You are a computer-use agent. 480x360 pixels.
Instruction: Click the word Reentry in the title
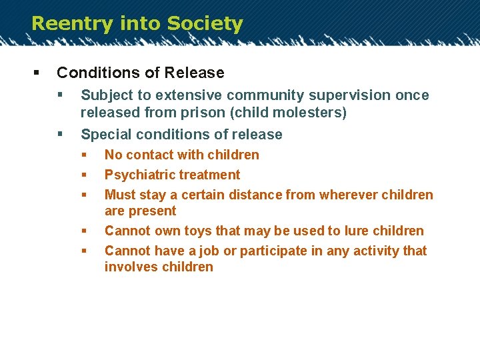[x=71, y=24]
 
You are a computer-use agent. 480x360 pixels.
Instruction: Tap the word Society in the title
[x=205, y=24]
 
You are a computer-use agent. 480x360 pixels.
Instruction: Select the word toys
[x=197, y=231]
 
